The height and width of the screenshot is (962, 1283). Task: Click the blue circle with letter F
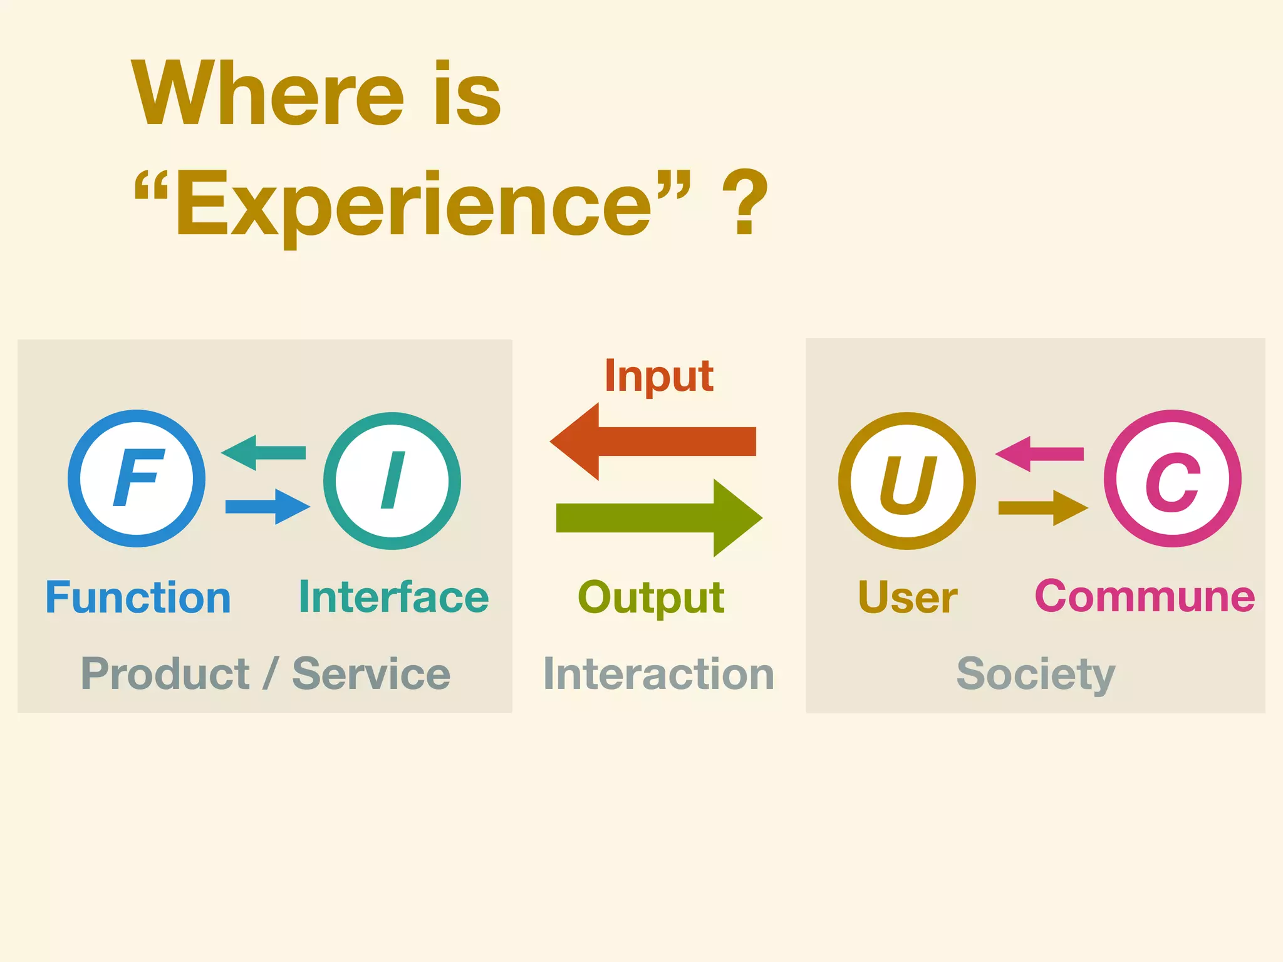pyautogui.click(x=137, y=478)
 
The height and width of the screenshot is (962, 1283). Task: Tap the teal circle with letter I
pyautogui.click(x=392, y=480)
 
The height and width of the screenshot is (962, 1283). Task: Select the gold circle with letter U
pyautogui.click(x=906, y=480)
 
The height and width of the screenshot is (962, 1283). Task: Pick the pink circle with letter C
pyautogui.click(x=1172, y=478)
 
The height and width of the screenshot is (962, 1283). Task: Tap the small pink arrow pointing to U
pyautogui.click(x=1039, y=454)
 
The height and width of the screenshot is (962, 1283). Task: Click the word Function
pyautogui.click(x=138, y=597)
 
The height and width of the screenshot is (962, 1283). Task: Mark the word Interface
pyautogui.click(x=393, y=597)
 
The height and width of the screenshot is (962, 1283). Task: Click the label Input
pyautogui.click(x=658, y=376)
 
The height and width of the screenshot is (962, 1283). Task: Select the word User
pyautogui.click(x=907, y=597)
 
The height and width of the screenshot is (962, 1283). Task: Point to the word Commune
pyautogui.click(x=1145, y=596)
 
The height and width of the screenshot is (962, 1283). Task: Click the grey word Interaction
pyautogui.click(x=658, y=675)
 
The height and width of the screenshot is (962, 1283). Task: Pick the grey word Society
pyautogui.click(x=1036, y=675)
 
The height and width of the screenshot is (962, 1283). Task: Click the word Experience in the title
pyautogui.click(x=413, y=205)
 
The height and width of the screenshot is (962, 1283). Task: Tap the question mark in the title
pyautogui.click(x=745, y=202)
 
